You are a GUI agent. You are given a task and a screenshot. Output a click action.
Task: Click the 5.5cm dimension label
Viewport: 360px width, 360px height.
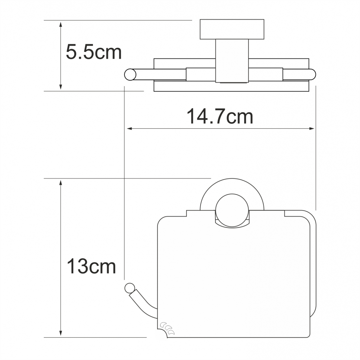click(94, 52)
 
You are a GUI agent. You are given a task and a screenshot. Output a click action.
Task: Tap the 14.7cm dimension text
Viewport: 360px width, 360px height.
click(220, 117)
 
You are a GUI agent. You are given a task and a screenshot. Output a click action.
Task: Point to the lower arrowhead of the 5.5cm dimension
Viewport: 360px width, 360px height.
click(61, 86)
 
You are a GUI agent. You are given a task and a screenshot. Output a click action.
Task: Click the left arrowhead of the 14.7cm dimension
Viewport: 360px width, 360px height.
click(130, 128)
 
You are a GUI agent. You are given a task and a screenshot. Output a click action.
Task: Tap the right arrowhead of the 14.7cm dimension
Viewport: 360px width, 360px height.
click(311, 128)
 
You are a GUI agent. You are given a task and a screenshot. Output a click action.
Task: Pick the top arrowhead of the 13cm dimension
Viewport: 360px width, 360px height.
click(61, 183)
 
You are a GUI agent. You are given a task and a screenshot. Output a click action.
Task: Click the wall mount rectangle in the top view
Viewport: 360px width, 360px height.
click(232, 29)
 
